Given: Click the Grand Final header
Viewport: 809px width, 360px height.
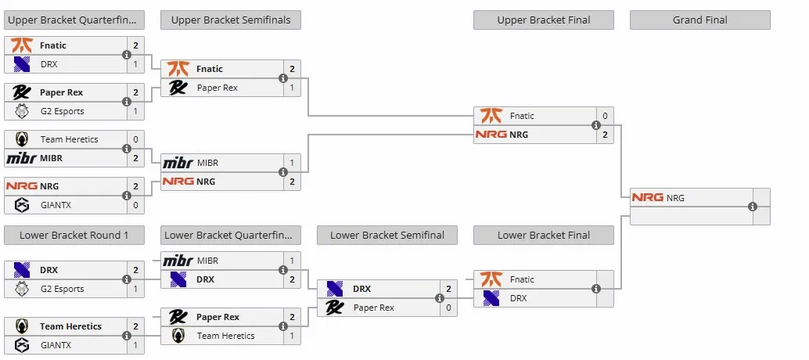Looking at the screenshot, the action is [699, 20].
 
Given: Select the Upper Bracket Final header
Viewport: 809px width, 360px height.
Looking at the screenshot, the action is [543, 20].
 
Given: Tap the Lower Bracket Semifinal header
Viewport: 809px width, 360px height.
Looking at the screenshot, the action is [387, 236].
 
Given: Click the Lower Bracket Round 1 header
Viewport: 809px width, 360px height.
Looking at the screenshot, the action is [74, 236].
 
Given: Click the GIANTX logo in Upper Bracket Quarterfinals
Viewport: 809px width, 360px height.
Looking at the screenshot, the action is [22, 205].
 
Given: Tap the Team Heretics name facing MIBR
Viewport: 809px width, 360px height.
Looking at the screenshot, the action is [69, 139].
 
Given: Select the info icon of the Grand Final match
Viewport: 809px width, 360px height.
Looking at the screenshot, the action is [753, 207].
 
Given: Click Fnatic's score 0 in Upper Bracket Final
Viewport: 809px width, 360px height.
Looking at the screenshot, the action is [605, 116].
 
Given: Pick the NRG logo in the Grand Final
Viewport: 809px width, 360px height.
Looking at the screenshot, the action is [648, 197].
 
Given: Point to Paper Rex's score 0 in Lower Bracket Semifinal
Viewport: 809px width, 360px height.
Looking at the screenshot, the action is [448, 308].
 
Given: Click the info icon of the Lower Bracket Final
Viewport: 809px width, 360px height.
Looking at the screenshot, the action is [596, 289].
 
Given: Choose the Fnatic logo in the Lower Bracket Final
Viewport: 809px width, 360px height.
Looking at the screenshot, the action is [491, 279].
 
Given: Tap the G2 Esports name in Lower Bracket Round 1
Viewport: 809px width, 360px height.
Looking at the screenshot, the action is [63, 289].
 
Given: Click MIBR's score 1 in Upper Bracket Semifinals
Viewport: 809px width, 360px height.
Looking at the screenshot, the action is [292, 163].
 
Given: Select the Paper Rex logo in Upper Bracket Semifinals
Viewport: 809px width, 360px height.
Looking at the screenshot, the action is [178, 88].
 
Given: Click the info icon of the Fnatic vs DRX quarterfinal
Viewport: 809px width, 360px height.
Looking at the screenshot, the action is [127, 55].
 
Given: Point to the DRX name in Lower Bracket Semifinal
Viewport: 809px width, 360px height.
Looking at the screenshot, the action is [362, 289].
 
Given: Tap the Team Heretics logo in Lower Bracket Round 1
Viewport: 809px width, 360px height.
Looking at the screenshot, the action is [22, 326].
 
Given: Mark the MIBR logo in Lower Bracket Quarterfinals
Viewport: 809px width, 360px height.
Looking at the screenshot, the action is [178, 261].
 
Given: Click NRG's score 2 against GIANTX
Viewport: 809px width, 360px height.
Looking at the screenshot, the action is [135, 186].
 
